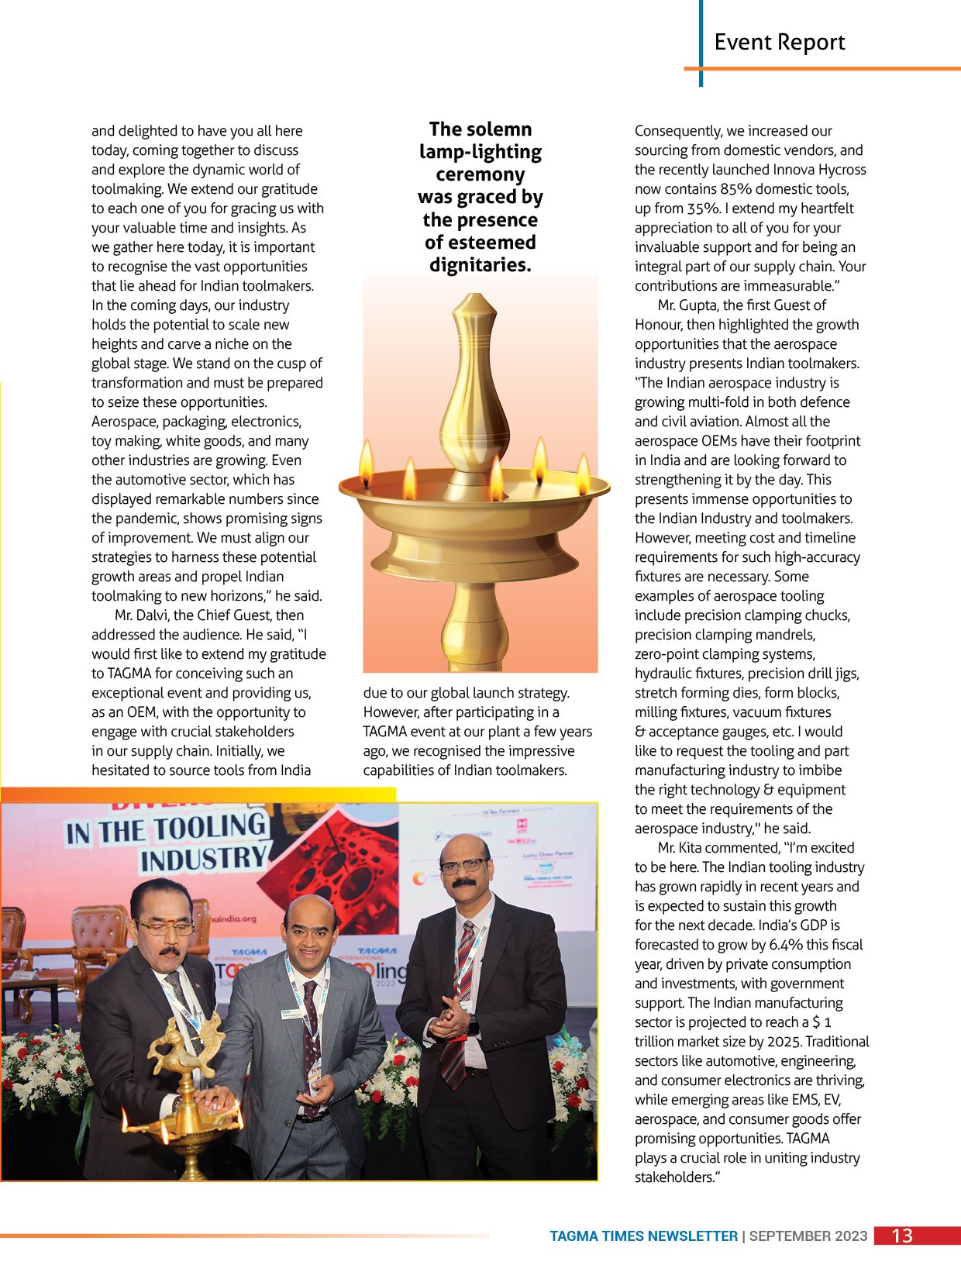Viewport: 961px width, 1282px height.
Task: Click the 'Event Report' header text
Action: click(x=779, y=43)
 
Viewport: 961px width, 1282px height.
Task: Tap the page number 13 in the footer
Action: click(x=902, y=1235)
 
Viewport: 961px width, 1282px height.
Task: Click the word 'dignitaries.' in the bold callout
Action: click(x=480, y=265)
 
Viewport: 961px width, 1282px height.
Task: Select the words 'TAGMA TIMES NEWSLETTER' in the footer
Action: click(x=643, y=1236)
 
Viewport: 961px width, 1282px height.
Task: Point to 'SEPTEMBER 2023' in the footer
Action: click(x=808, y=1236)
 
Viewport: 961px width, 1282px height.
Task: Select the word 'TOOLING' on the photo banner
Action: click(x=209, y=828)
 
